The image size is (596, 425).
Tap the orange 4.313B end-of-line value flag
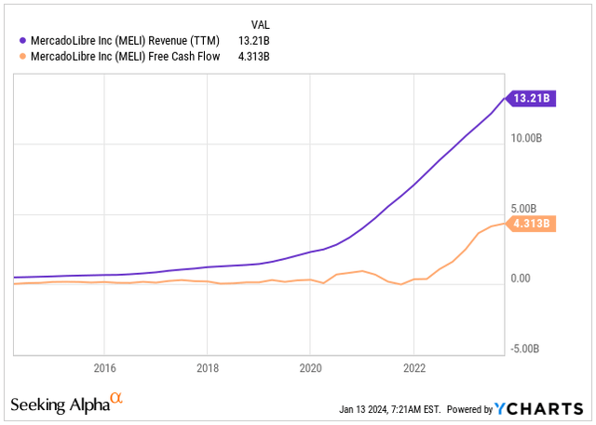pyautogui.click(x=533, y=224)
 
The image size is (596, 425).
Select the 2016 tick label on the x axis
pyautogui.click(x=105, y=367)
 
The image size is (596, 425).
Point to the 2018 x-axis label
pyautogui.click(x=208, y=367)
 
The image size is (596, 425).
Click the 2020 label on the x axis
pyautogui.click(x=310, y=367)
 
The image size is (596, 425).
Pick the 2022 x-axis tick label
pyautogui.click(x=413, y=367)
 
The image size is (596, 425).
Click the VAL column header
pyautogui.click(x=264, y=23)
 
